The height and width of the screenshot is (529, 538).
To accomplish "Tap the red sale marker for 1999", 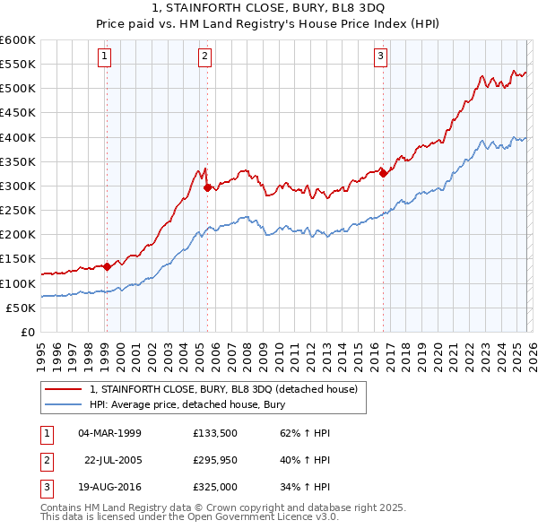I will tap(107, 266).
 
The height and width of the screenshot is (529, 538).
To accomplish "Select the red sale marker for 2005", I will tap(208, 188).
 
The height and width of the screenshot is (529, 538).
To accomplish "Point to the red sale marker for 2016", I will tap(383, 174).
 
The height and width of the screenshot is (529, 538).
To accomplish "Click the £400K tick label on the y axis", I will tap(18, 137).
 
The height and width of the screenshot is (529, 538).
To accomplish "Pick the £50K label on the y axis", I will tap(21, 308).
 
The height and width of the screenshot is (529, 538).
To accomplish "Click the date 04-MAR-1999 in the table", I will tap(109, 433).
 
